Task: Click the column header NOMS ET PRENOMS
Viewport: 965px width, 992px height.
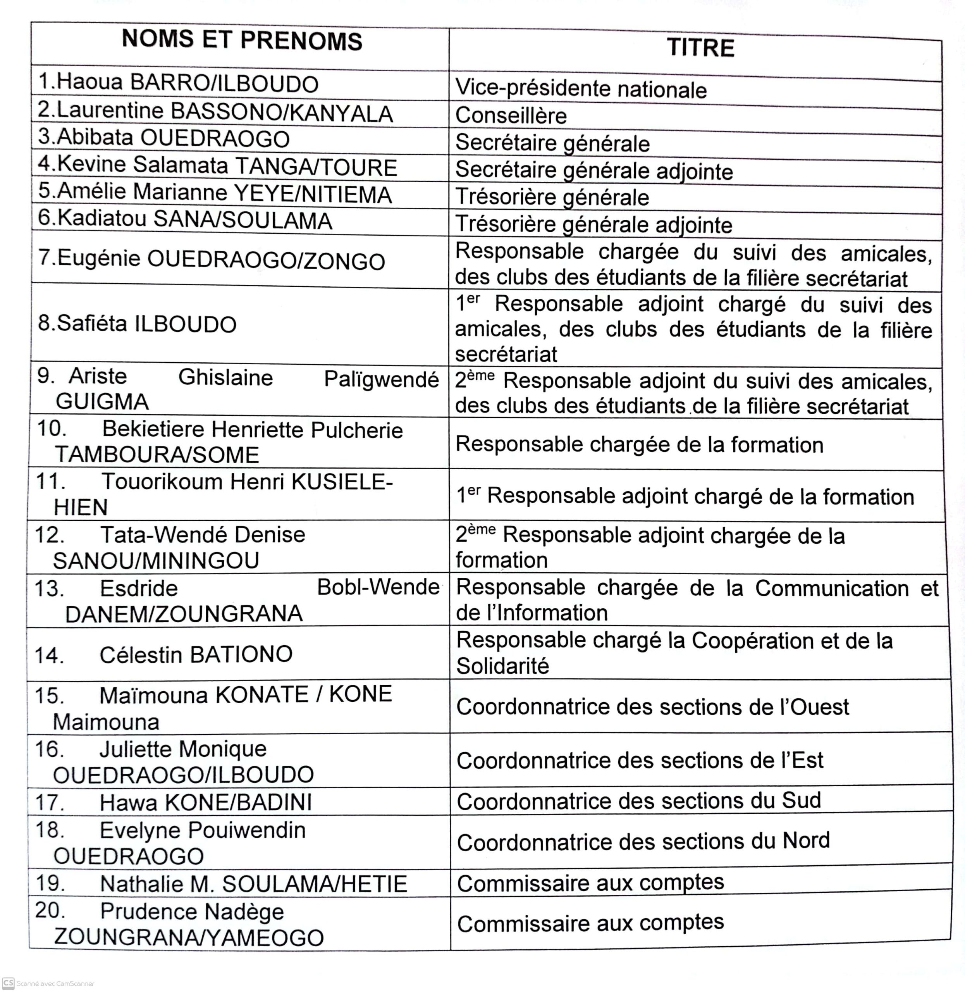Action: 242,41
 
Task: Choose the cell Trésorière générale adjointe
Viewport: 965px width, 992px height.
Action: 593,224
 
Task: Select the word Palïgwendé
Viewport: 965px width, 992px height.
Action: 381,379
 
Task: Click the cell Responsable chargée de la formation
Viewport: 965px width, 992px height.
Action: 639,444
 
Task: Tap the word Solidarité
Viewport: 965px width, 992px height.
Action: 502,666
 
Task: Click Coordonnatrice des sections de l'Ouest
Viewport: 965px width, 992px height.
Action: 652,707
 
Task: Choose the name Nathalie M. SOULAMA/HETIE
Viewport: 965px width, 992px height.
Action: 253,884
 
